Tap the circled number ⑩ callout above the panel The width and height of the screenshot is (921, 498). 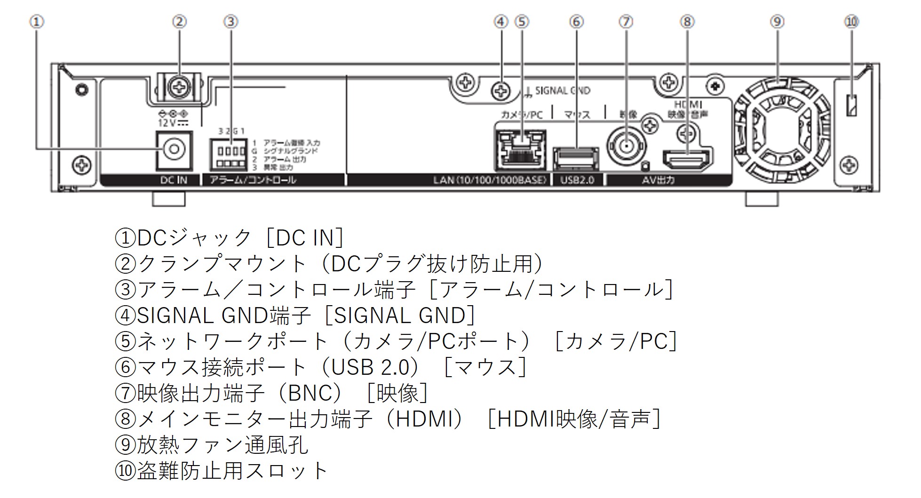(851, 22)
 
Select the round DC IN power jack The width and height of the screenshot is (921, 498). (174, 150)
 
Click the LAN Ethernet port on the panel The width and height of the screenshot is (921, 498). (520, 149)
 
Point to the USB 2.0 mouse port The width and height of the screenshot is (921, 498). (576, 158)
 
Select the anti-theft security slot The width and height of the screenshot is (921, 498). (851, 105)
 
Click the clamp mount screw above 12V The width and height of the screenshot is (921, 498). (179, 87)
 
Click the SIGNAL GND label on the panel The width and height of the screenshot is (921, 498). (562, 91)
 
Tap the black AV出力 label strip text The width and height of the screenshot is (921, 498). (658, 180)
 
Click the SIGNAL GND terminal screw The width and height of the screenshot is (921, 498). (500, 91)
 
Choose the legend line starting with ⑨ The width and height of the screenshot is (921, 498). (212, 444)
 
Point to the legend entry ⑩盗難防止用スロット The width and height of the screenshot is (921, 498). (221, 470)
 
